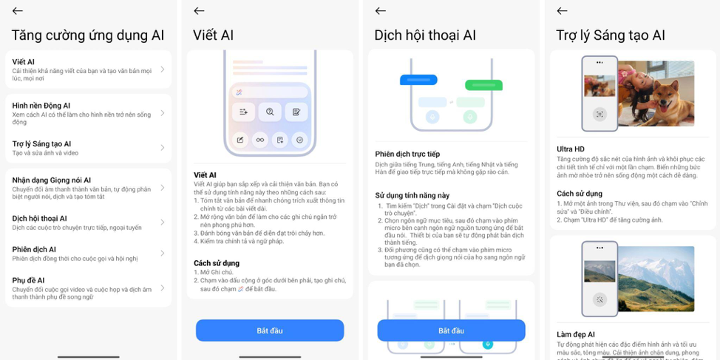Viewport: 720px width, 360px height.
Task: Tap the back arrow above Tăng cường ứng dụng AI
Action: pyautogui.click(x=18, y=11)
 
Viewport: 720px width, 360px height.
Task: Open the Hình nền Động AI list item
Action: pyautogui.click(x=81, y=113)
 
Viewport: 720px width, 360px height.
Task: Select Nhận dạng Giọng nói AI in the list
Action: pyautogui.click(x=81, y=188)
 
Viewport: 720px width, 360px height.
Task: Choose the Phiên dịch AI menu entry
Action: pyautogui.click(x=81, y=254)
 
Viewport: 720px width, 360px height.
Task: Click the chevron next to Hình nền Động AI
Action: pyautogui.click(x=163, y=113)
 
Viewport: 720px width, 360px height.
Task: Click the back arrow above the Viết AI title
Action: pyautogui.click(x=199, y=11)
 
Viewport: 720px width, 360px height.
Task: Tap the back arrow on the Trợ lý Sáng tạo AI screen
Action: pyautogui.click(x=562, y=11)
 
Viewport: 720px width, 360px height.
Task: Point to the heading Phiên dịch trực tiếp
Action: pyautogui.click(x=407, y=154)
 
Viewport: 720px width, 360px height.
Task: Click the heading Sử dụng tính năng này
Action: pyautogui.click(x=412, y=195)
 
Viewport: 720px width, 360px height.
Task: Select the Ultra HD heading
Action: pyautogui.click(x=571, y=149)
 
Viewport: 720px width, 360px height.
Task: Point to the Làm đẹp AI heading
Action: pyautogui.click(x=576, y=334)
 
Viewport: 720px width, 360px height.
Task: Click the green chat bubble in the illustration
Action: pyautogui.click(x=483, y=85)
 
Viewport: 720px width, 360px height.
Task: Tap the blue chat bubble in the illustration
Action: pyautogui.click(x=418, y=80)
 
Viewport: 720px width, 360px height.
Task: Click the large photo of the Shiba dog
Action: pyautogui.click(x=656, y=93)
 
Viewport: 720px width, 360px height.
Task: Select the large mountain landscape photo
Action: pyautogui.click(x=656, y=278)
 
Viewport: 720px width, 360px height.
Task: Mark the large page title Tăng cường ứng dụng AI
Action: pyautogui.click(x=88, y=35)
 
